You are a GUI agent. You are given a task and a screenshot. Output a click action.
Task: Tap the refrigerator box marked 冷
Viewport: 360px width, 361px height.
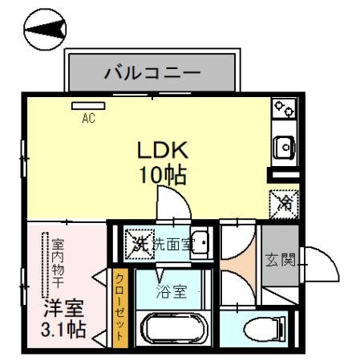coord(285,201)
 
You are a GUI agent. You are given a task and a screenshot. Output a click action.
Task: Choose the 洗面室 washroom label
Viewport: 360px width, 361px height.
coord(172,245)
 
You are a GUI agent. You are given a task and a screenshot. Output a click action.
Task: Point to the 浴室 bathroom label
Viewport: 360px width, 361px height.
coord(171,291)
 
